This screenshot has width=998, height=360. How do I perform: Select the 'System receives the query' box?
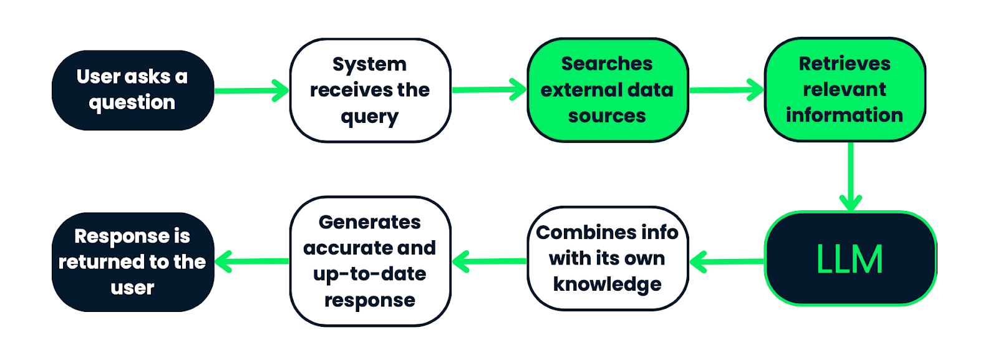pyautogui.click(x=370, y=90)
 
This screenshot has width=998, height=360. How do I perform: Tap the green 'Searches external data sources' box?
pyautogui.click(x=607, y=90)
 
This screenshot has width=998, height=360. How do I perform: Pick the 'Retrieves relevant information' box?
pyautogui.click(x=845, y=89)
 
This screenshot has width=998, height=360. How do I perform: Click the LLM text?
pyautogui.click(x=850, y=260)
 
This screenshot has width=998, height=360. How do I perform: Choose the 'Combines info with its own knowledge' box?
pyautogui.click(x=607, y=258)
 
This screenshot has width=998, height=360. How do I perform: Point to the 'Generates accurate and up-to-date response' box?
pyautogui.click(x=370, y=261)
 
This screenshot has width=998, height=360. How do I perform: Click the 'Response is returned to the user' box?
pyautogui.click(x=132, y=261)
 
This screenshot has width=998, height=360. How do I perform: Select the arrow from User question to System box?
pyautogui.click(x=252, y=90)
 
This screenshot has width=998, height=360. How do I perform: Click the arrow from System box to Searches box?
pyautogui.click(x=489, y=90)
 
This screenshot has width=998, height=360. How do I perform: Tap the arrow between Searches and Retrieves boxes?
pyautogui.click(x=726, y=90)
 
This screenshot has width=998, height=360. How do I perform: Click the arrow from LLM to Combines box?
pyautogui.click(x=727, y=261)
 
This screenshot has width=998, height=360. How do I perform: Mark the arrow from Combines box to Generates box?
pyautogui.click(x=490, y=261)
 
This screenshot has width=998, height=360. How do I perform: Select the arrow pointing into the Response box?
pyautogui.click(x=252, y=261)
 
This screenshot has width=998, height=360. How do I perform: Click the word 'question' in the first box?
pyautogui.click(x=132, y=103)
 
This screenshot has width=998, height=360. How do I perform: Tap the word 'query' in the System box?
pyautogui.click(x=369, y=117)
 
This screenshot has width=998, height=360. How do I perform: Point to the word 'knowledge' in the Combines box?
pyautogui.click(x=607, y=285)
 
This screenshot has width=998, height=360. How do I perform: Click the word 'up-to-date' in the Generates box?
pyautogui.click(x=369, y=274)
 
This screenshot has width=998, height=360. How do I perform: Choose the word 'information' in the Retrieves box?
pyautogui.click(x=844, y=115)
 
